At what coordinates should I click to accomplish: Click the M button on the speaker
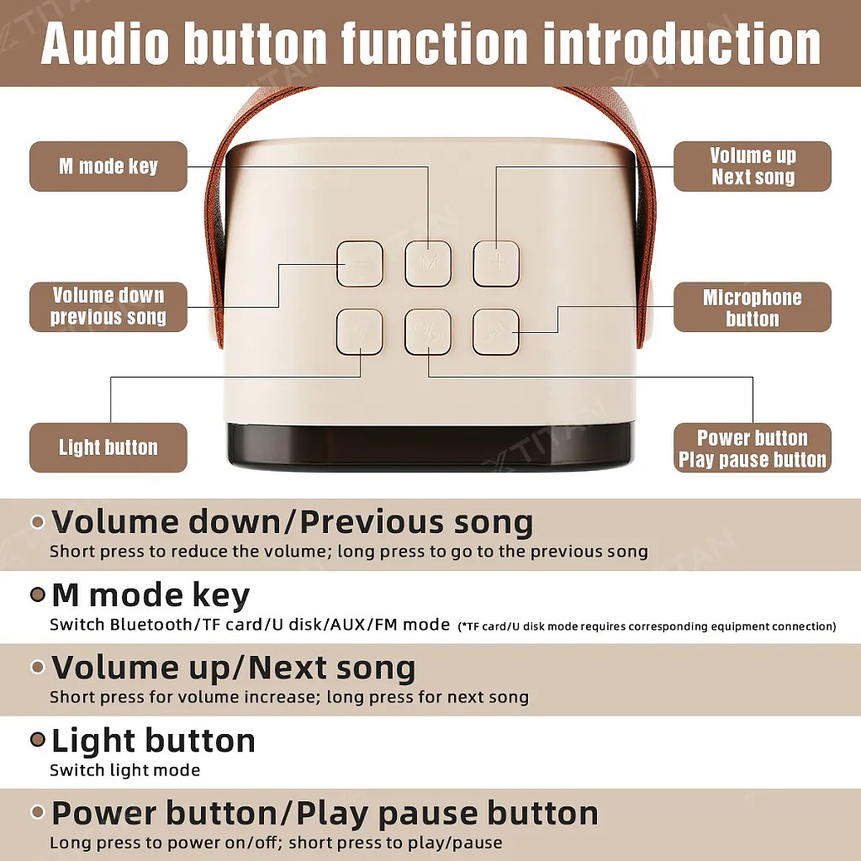[x=428, y=263]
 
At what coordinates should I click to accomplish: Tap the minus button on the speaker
[x=360, y=263]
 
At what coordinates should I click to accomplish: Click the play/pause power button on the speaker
[x=428, y=331]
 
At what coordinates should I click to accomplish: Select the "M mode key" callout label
[x=108, y=166]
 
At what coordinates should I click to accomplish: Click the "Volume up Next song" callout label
[x=753, y=166]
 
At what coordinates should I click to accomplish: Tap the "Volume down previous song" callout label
[x=108, y=307]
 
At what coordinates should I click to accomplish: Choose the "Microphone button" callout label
[x=753, y=307]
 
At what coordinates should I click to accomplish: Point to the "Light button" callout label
[x=108, y=447]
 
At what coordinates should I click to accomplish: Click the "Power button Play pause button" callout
[x=753, y=447]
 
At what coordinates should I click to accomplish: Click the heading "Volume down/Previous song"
[x=292, y=521]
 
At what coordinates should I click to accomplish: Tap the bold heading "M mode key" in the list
[x=151, y=594]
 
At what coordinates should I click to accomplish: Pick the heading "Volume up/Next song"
[x=234, y=668]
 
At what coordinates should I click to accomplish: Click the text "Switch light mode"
[x=124, y=770]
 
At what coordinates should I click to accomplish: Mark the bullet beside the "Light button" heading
[x=37, y=740]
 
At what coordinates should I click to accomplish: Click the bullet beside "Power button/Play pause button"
[x=37, y=812]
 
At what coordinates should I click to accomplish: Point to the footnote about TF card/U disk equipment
[x=647, y=626]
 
